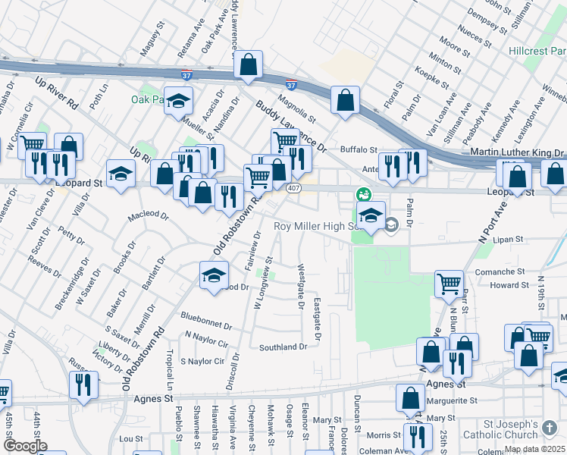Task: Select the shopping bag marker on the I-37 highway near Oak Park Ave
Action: click(x=248, y=66)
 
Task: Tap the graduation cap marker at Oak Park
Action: click(x=178, y=102)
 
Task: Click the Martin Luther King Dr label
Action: click(x=516, y=154)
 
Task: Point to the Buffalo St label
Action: click(x=359, y=149)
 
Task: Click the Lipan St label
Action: click(x=508, y=239)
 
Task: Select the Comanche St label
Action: click(x=500, y=271)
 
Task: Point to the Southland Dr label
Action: click(x=283, y=347)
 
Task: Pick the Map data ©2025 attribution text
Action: click(x=534, y=449)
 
